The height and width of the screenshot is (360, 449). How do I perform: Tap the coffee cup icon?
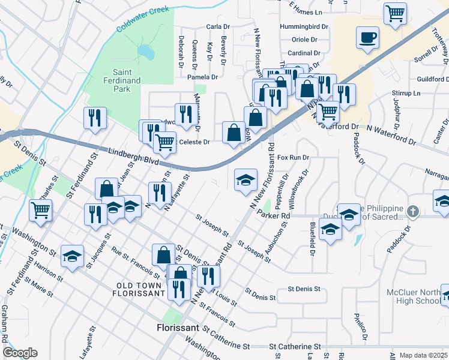(x=367, y=37)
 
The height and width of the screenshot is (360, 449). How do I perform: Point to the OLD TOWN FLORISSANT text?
(x=139, y=289)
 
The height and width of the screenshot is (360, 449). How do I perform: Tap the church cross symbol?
(x=412, y=211)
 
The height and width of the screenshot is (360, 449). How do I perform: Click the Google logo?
(x=20, y=353)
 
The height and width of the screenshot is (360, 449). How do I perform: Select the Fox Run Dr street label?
(x=293, y=157)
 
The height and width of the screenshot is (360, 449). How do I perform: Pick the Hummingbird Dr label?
(x=304, y=27)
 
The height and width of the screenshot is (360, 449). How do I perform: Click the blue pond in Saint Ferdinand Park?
(x=145, y=53)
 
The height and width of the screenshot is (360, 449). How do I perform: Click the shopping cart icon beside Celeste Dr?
(x=164, y=142)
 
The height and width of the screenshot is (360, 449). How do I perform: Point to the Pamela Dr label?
(x=202, y=77)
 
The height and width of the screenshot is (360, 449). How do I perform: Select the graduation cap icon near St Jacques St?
(x=72, y=256)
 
